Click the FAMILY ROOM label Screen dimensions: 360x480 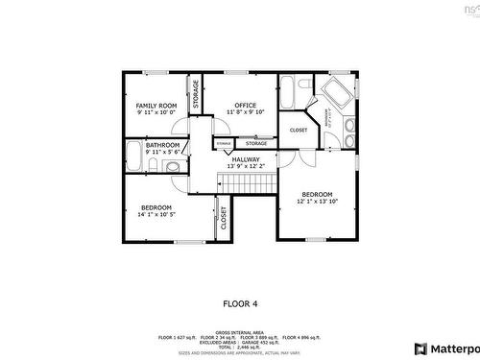pos(155,105)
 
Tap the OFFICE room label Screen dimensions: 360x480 pos(245,105)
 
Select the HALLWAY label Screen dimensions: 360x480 pos(245,158)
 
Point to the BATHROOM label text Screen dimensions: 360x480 pos(162,145)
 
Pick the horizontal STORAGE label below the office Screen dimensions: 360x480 pos(255,143)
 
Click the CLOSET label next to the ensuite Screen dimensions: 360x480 pos(299,130)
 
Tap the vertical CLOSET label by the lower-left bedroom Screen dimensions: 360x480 pos(223,219)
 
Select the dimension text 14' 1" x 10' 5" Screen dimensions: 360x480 pos(156,215)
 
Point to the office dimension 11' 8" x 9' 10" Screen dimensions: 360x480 pos(245,112)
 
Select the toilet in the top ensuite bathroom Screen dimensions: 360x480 pos(305,84)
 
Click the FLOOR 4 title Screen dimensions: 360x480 pos(240,303)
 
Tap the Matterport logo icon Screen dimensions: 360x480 pos(420,348)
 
